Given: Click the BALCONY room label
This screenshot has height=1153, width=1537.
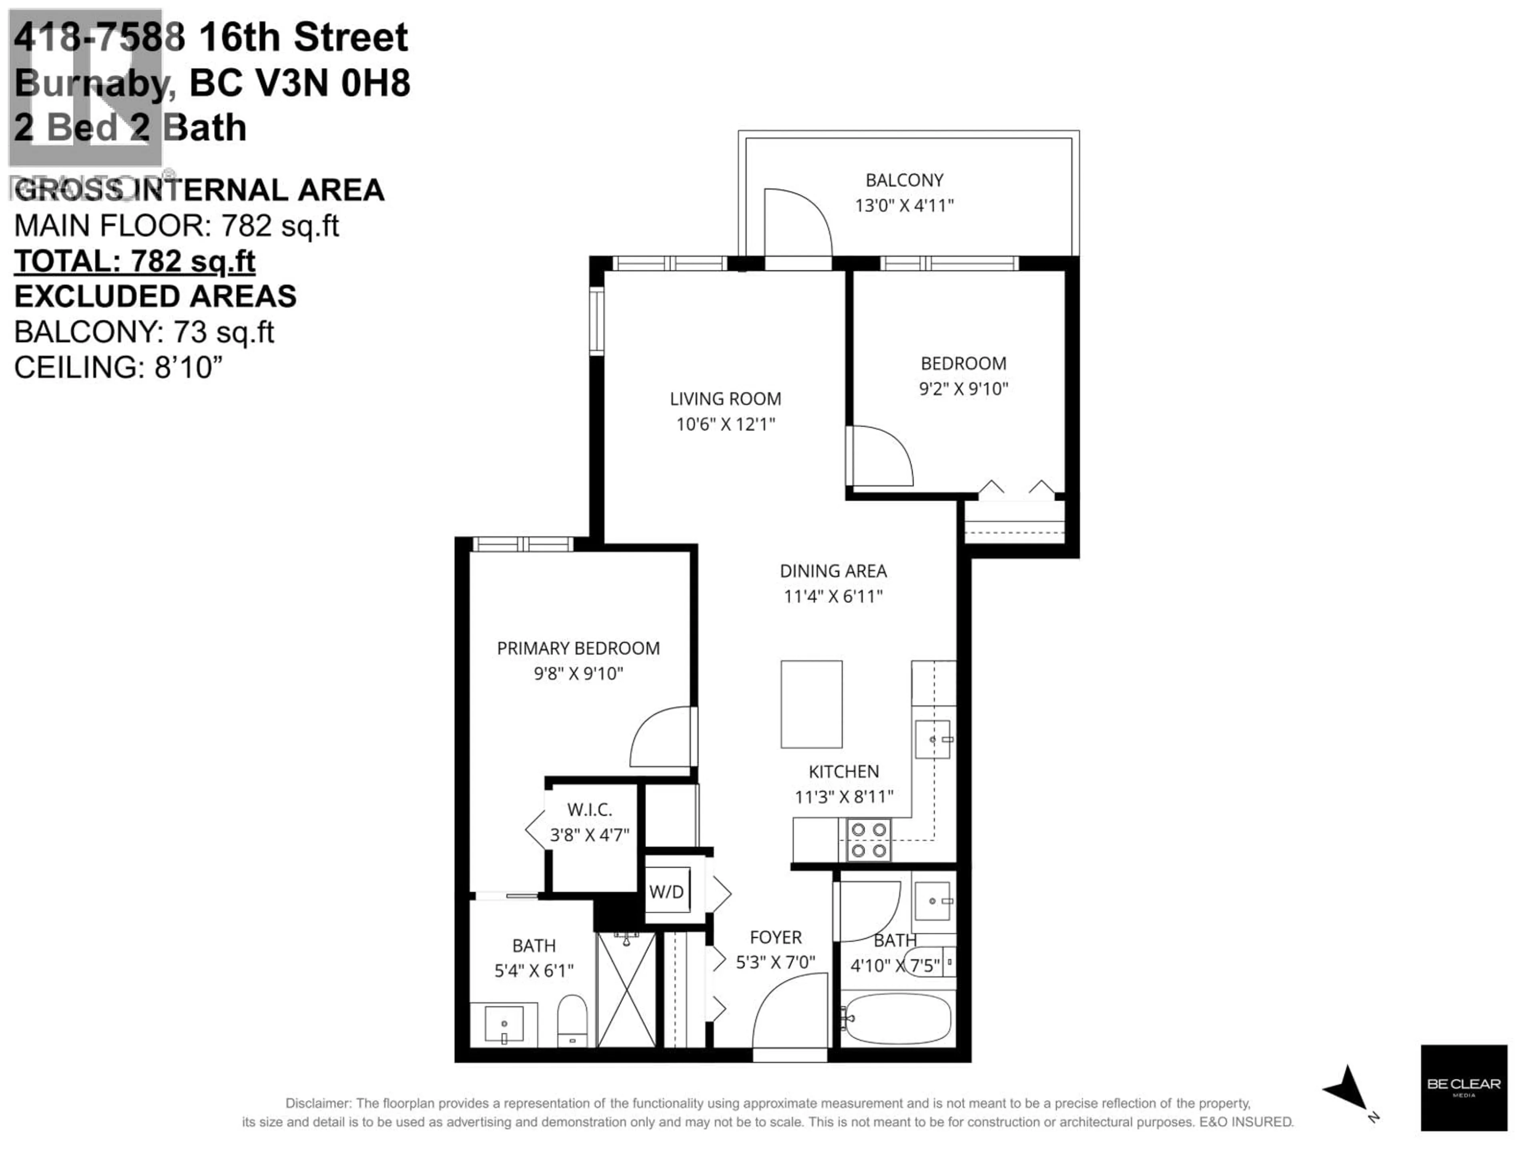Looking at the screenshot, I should pyautogui.click(x=904, y=180).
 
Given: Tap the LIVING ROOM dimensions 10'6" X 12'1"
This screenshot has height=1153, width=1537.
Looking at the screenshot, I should pyautogui.click(x=725, y=424).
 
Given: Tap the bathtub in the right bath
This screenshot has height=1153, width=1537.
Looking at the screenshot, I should pyautogui.click(x=896, y=1018).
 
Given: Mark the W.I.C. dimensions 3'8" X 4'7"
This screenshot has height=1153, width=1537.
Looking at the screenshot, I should pyautogui.click(x=589, y=835).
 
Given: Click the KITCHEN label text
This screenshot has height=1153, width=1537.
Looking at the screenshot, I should pyautogui.click(x=843, y=771).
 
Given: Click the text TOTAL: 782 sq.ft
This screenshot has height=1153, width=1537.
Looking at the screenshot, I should pyautogui.click(x=135, y=261).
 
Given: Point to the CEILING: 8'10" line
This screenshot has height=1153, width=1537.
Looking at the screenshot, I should pyautogui.click(x=118, y=367).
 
